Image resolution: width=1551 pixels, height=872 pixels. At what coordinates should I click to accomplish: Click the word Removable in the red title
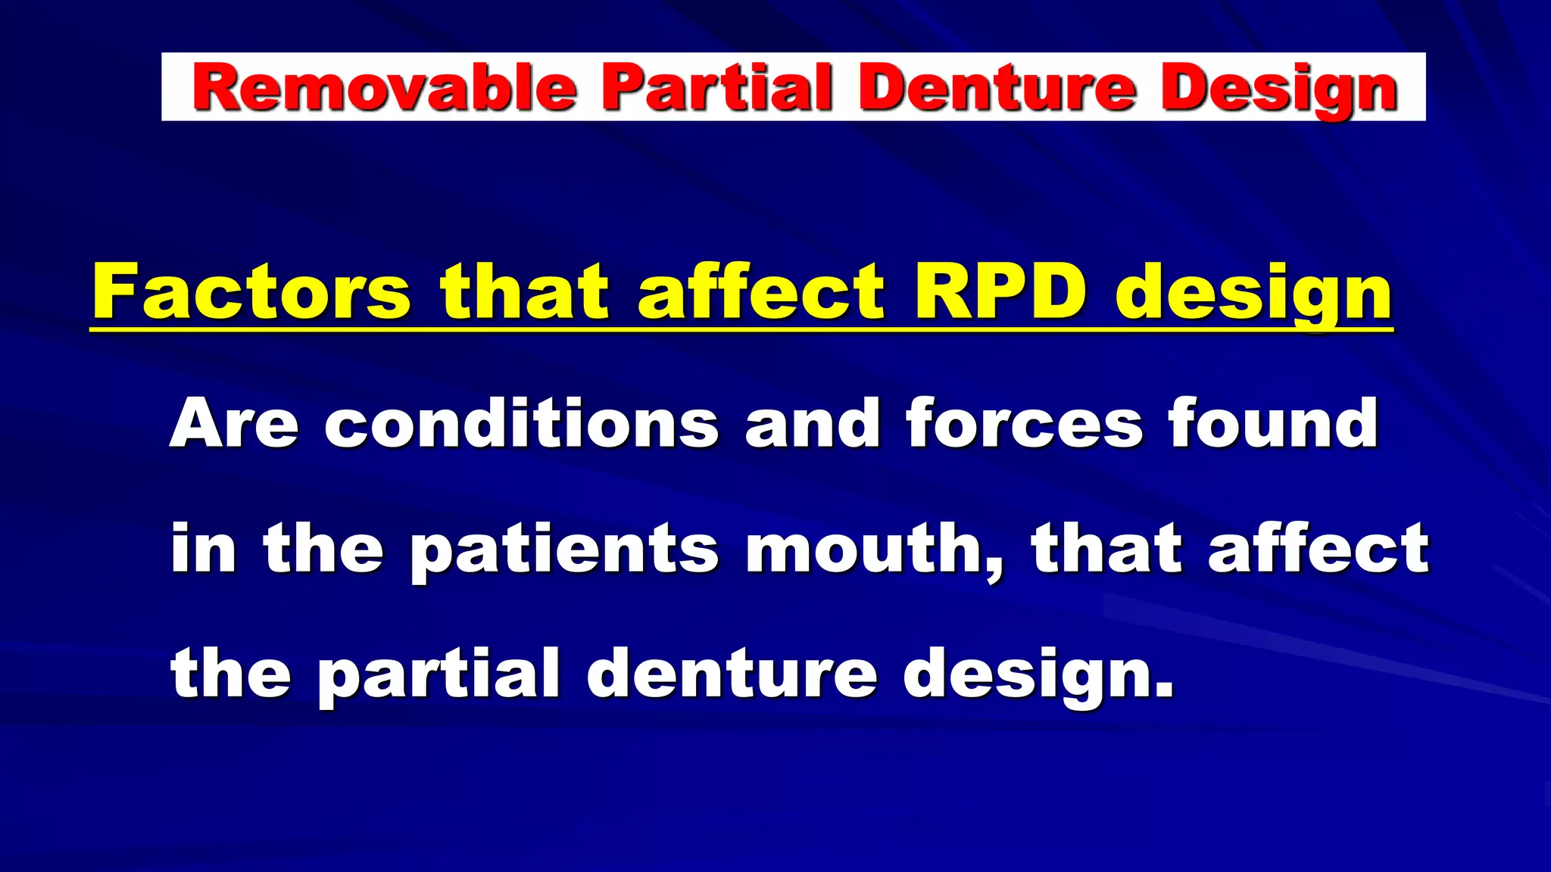point(385,88)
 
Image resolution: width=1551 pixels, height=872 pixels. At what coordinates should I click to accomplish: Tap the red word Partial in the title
point(716,88)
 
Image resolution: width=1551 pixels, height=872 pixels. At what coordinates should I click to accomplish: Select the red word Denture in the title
point(997,88)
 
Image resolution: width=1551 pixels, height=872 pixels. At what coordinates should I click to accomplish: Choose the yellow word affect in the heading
point(760,292)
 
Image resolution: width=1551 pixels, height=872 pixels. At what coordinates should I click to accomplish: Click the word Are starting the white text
point(234,424)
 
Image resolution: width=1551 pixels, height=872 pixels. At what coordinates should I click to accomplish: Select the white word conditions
point(521,424)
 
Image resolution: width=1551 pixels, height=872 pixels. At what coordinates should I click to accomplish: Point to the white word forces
point(1024,424)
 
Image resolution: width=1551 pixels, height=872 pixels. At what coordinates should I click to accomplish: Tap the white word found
point(1272,424)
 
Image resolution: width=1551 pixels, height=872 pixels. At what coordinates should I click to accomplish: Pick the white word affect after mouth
point(1318,549)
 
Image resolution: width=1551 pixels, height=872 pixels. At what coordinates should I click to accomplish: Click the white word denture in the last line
point(732,674)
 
